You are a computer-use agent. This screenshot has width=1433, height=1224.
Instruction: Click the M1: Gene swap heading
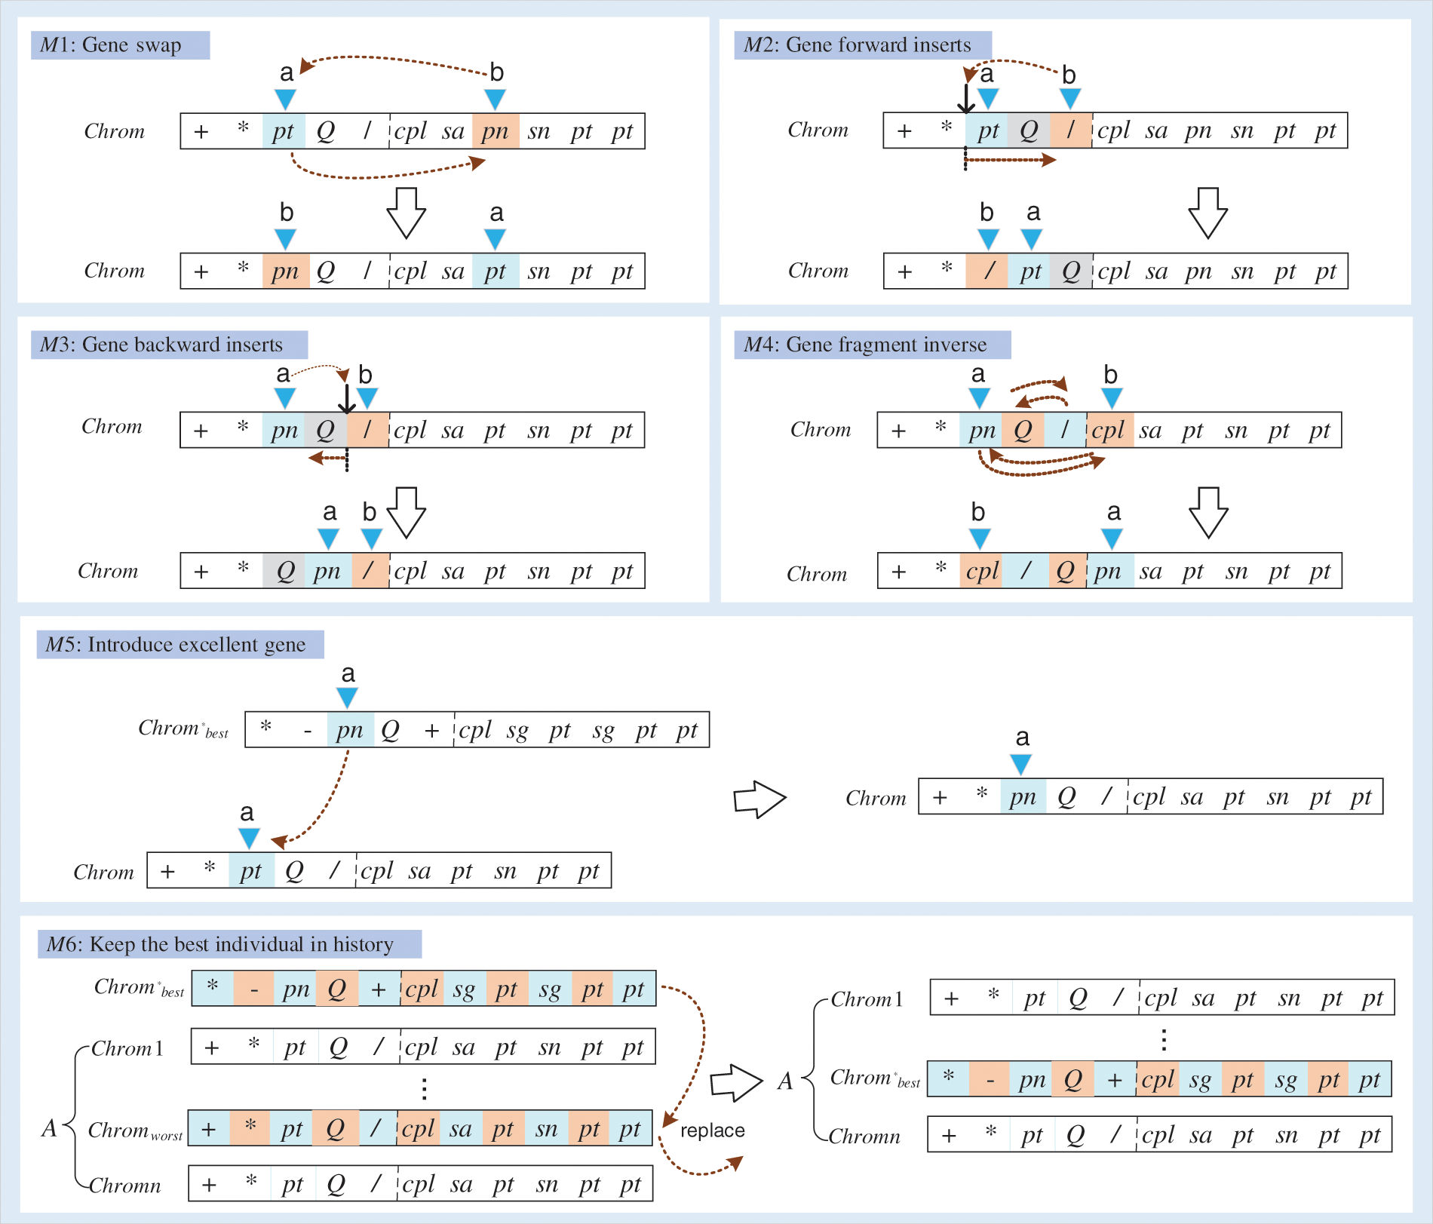click(120, 45)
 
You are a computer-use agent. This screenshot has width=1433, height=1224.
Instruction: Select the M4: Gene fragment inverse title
click(872, 345)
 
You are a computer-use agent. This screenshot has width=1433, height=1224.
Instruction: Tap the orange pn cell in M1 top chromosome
click(496, 131)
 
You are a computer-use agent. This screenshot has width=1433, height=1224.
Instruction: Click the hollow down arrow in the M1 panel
click(406, 213)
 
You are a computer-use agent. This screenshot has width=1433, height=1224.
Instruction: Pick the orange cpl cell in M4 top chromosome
click(1109, 431)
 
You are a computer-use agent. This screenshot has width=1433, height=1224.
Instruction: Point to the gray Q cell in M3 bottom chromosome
click(284, 571)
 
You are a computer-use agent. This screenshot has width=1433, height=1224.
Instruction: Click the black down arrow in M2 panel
click(965, 98)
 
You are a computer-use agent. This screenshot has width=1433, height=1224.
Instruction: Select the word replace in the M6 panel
click(712, 1130)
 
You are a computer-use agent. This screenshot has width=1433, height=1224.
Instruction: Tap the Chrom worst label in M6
click(134, 1130)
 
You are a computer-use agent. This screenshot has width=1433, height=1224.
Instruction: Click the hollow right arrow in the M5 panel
click(759, 799)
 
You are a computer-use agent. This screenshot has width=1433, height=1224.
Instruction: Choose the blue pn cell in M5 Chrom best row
click(350, 730)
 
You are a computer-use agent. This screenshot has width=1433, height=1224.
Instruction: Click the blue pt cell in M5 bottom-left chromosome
click(251, 871)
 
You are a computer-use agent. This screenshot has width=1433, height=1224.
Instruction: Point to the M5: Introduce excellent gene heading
click(180, 645)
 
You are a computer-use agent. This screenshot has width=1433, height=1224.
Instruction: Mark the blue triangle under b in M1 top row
click(495, 99)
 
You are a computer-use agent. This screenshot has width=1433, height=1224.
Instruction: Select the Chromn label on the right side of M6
click(864, 1137)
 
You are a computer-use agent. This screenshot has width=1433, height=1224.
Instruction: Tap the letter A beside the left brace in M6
click(49, 1128)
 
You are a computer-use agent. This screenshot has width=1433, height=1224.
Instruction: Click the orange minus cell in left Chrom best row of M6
click(255, 989)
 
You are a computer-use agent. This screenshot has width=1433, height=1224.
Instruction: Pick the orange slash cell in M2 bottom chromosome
click(987, 271)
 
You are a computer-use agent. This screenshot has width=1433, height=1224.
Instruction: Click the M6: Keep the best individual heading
click(229, 944)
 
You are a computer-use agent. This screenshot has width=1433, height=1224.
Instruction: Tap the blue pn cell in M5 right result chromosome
click(1023, 797)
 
